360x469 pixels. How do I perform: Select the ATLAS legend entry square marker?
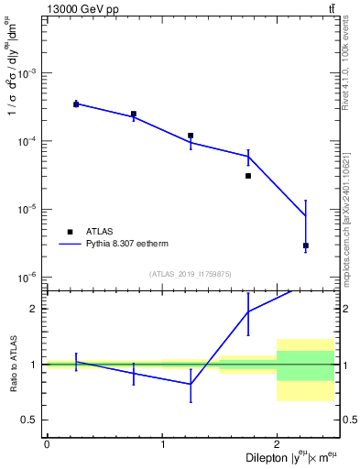(69, 232)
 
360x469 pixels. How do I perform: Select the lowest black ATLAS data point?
(305, 245)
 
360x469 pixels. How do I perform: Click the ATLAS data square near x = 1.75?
(248, 176)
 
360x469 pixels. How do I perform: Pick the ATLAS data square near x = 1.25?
(191, 136)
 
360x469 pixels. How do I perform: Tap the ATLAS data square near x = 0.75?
(134, 115)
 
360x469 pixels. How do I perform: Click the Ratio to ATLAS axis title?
(13, 364)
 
